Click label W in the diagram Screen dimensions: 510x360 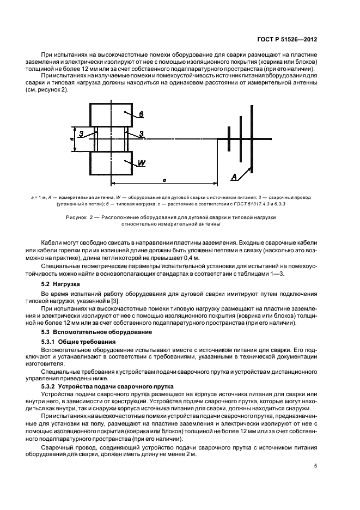click(141, 163)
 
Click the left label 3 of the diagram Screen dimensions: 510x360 click(80, 133)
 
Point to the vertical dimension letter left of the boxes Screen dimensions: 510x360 click(72, 139)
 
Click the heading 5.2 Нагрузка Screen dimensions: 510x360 click(61, 284)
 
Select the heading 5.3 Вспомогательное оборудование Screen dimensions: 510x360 click(94, 331)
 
